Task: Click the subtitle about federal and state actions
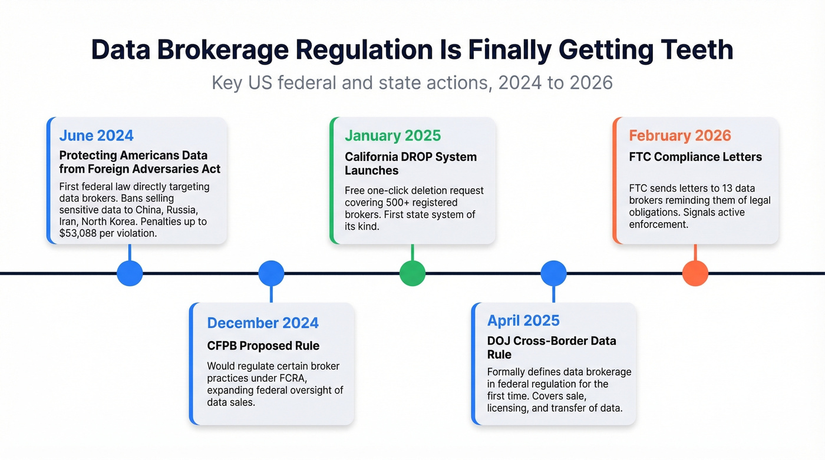[412, 82]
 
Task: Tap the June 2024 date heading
[97, 135]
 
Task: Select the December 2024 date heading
[263, 323]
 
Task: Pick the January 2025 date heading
[392, 135]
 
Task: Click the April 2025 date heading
[523, 320]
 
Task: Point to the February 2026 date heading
[679, 135]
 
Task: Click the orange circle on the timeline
[695, 273]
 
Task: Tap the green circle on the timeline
[412, 273]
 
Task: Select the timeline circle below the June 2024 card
[130, 273]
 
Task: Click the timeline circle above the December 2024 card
[271, 273]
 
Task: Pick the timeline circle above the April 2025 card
[553, 273]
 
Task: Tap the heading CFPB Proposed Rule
[263, 346]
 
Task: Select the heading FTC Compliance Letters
[695, 157]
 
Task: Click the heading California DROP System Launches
[411, 164]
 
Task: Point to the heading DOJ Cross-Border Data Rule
[552, 348]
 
